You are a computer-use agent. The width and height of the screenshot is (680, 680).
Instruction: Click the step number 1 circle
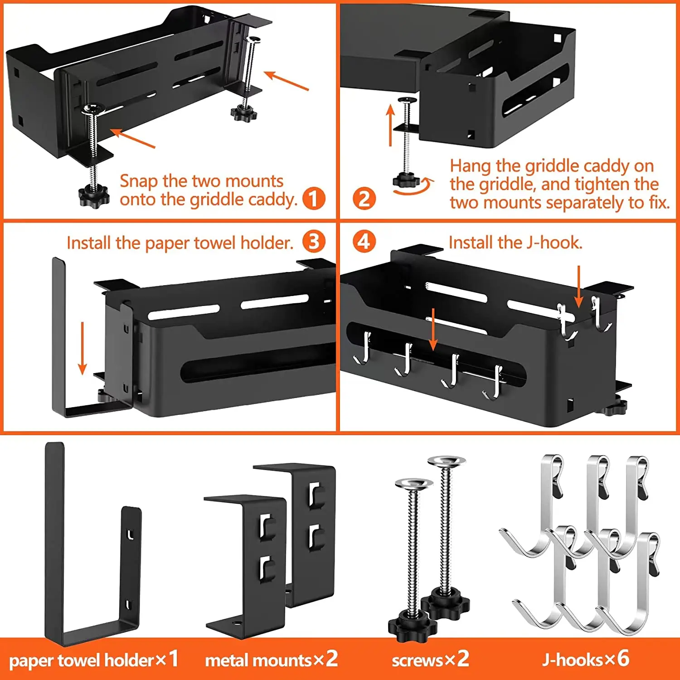(x=314, y=199)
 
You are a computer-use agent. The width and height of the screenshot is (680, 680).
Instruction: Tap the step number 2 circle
(x=364, y=199)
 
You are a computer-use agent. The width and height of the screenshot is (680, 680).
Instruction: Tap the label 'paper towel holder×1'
(x=93, y=660)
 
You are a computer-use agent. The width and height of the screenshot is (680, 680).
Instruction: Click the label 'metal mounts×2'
(x=271, y=660)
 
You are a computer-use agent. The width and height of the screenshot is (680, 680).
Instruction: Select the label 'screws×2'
(x=430, y=660)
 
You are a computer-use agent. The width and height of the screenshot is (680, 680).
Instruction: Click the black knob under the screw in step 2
(x=406, y=180)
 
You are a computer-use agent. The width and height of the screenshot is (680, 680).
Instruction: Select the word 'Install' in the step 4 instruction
(x=471, y=243)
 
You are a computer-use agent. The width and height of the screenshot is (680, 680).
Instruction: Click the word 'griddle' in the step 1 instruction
(x=216, y=199)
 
